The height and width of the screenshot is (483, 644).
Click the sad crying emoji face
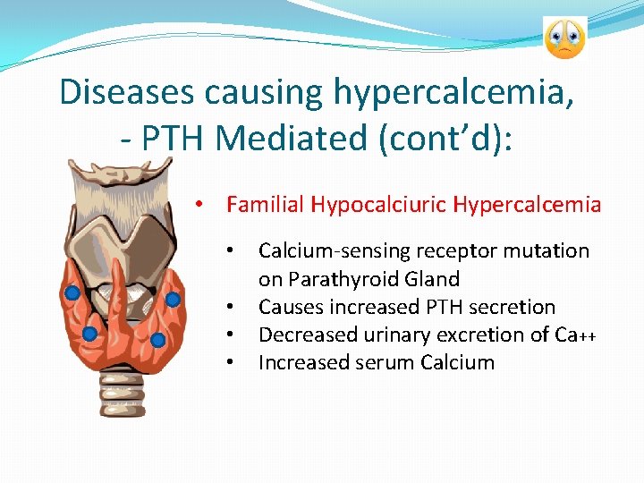click(x=564, y=38)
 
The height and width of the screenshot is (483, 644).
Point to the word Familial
click(x=266, y=205)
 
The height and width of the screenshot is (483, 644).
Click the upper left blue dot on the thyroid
click(x=73, y=292)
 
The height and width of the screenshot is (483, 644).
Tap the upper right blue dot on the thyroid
click(x=173, y=299)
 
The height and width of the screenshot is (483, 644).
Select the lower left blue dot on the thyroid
click(x=89, y=333)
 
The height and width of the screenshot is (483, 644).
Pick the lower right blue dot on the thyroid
click(x=157, y=340)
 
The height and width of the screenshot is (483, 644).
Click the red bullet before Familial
click(x=204, y=206)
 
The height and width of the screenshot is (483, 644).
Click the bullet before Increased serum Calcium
click(x=231, y=363)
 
